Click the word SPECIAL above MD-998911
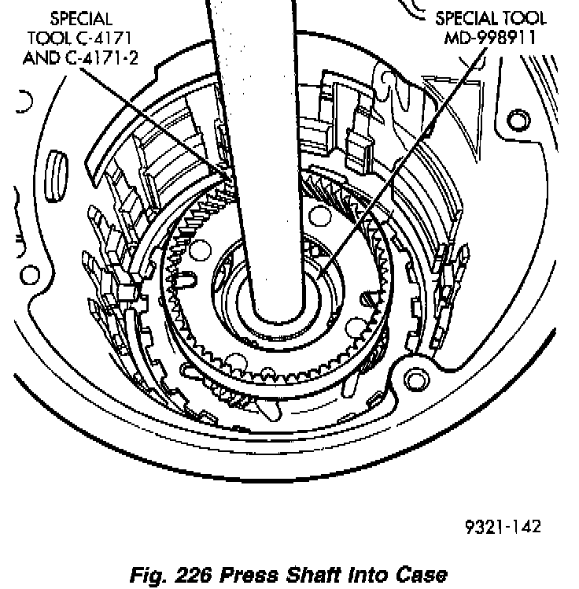click(x=466, y=17)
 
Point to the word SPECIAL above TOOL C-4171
click(x=81, y=17)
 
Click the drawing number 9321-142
click(x=502, y=527)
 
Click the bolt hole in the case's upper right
click(x=517, y=120)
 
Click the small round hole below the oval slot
click(x=30, y=276)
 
